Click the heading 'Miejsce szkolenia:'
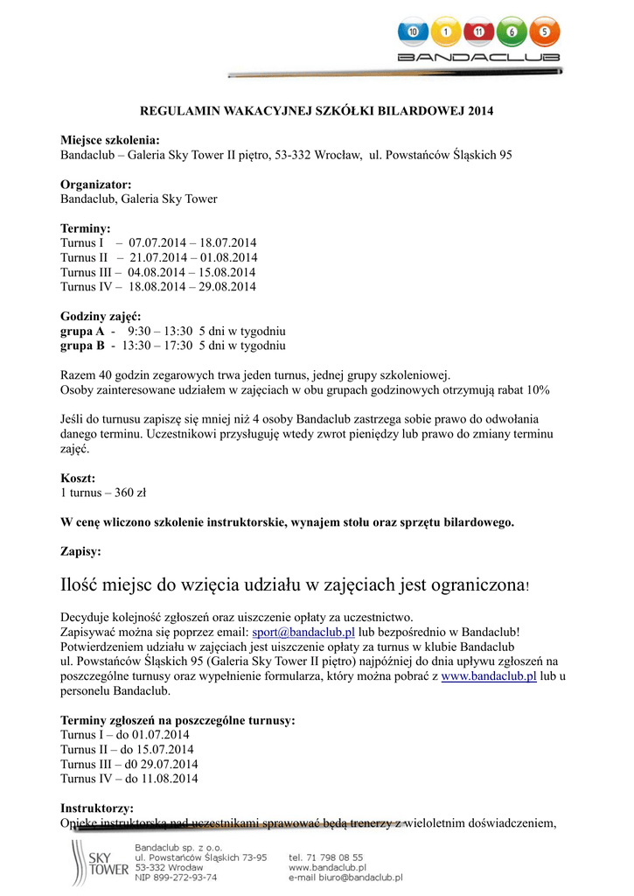tap(109, 140)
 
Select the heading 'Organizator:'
tap(95, 185)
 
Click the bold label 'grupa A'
tap(82, 332)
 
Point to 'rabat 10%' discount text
tap(524, 389)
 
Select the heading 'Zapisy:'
tap(80, 552)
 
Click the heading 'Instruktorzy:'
tap(97, 808)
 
